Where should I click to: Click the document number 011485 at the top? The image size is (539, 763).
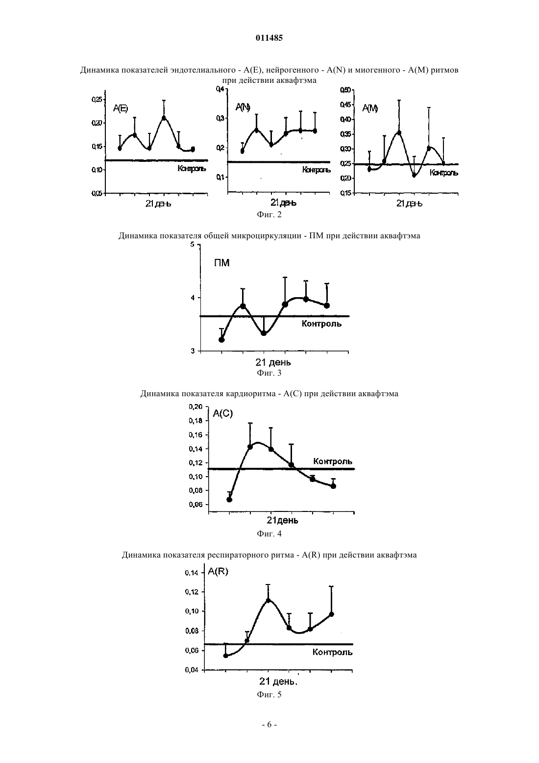click(x=269, y=38)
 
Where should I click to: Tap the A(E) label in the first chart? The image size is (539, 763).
click(x=121, y=108)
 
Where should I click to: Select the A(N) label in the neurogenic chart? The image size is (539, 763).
click(x=243, y=107)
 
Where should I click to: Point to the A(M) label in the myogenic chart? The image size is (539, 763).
click(x=370, y=108)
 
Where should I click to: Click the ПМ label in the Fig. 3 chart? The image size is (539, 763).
click(x=222, y=263)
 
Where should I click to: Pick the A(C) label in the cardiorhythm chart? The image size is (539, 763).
click(x=223, y=413)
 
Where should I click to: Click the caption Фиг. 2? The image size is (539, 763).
click(x=269, y=215)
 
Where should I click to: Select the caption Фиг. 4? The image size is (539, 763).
click(x=269, y=534)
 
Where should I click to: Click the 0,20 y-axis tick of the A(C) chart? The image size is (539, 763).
click(x=196, y=407)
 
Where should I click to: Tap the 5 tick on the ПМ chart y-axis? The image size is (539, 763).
click(x=193, y=244)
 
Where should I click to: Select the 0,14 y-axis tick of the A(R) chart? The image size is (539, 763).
click(x=192, y=573)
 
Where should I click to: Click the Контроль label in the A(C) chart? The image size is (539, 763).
click(x=332, y=461)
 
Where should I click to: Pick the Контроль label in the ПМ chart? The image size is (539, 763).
click(x=321, y=324)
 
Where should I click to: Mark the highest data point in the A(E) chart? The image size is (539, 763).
click(x=164, y=118)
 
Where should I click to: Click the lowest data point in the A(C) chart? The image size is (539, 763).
click(x=229, y=500)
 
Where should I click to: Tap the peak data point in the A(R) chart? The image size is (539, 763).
click(x=268, y=601)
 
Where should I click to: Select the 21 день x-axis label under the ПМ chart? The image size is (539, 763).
click(x=273, y=362)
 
